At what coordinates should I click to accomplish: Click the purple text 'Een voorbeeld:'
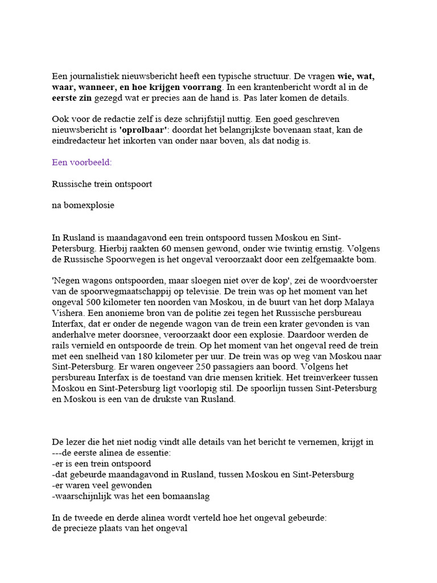(82, 162)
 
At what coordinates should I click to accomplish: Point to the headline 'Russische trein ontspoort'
(102, 184)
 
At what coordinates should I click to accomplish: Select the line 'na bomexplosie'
(83, 205)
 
